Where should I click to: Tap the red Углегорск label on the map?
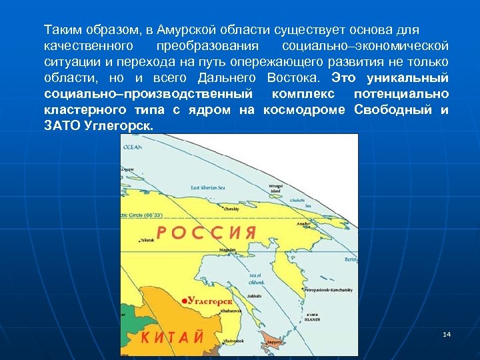click(x=211, y=301)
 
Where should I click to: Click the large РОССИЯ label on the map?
click(x=207, y=232)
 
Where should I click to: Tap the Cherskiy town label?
click(x=232, y=209)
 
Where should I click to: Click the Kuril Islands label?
click(x=313, y=317)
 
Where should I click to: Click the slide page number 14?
click(x=447, y=333)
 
